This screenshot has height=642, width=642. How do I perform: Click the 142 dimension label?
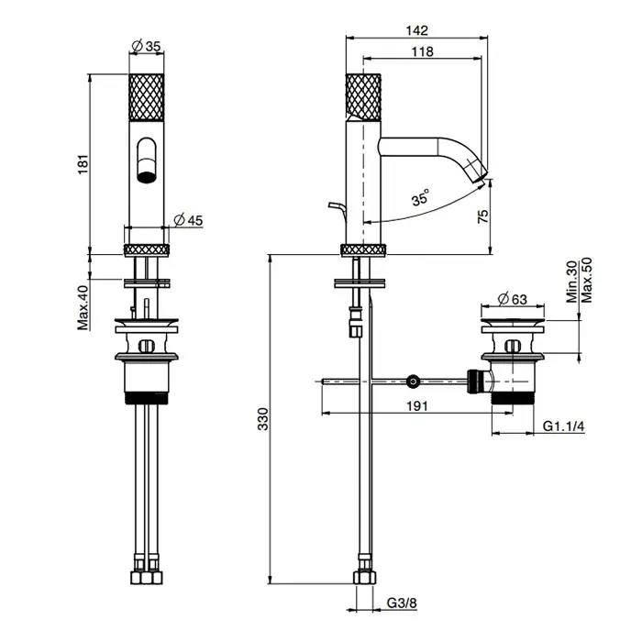[416, 30]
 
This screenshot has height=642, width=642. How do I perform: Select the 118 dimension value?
[422, 51]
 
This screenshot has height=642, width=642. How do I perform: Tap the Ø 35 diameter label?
[146, 46]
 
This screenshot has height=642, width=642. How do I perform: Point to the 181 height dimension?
[83, 164]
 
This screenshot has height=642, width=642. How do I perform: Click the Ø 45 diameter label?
[188, 220]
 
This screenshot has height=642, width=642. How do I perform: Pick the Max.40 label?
[83, 308]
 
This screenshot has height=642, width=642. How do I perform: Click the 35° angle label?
[420, 197]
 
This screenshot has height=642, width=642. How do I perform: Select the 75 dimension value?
[483, 216]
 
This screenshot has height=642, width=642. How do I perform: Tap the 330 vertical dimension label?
[263, 419]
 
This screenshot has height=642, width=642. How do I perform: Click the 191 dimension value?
[416, 405]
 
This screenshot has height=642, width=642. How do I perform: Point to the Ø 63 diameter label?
[512, 299]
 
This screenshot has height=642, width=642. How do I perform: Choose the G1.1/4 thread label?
[563, 426]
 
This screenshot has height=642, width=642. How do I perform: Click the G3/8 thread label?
[402, 603]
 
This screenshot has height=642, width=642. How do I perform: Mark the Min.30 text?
[572, 282]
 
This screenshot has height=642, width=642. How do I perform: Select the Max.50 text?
[587, 280]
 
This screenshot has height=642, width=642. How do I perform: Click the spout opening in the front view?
[147, 177]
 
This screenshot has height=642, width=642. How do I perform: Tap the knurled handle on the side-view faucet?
[363, 96]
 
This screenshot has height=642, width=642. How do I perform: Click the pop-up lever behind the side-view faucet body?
[338, 210]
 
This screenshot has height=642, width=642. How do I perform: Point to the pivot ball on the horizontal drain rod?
[413, 382]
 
